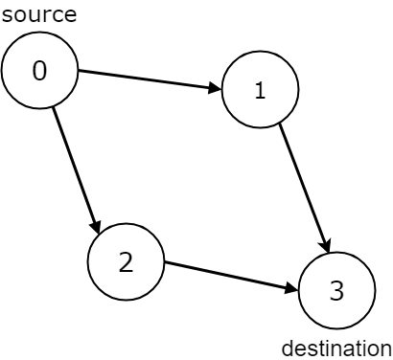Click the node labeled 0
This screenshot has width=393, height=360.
point(39,72)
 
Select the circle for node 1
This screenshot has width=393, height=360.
point(260,91)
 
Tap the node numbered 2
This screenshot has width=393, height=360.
point(126,262)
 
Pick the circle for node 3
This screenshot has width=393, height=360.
point(336,292)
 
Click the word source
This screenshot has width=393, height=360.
point(39,14)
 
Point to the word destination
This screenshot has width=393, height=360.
point(335,348)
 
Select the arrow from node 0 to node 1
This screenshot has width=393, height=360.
point(150,80)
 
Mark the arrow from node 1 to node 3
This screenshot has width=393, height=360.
point(304,186)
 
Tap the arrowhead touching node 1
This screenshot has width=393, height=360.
point(215,89)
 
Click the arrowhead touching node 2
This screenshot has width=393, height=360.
point(97,226)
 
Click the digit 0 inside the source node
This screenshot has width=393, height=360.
point(39,72)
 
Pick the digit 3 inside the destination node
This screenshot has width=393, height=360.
point(336,292)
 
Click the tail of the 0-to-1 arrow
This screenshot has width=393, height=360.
point(79,71)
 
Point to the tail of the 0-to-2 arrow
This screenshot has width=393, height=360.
point(54,108)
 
